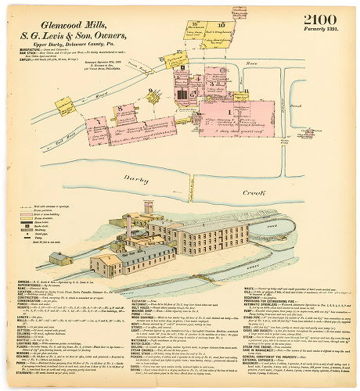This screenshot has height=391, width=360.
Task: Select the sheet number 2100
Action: pos(322,19)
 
